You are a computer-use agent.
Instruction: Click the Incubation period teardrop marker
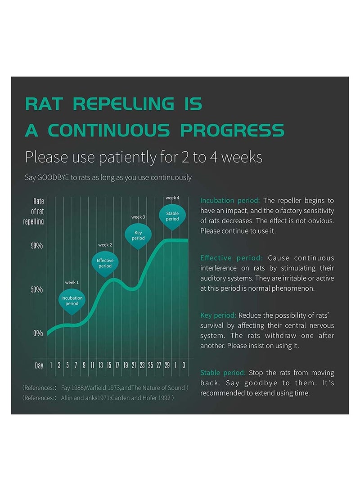(x=72, y=301)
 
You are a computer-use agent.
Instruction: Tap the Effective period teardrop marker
(x=105, y=264)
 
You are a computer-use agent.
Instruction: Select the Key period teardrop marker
(x=138, y=235)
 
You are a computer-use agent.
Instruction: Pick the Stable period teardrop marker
(x=172, y=216)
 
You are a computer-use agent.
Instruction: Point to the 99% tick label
(x=37, y=246)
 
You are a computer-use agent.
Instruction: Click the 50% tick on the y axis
(x=37, y=289)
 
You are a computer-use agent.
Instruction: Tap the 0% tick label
(x=38, y=333)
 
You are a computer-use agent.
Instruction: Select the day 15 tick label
(x=109, y=365)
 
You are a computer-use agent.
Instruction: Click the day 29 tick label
(x=167, y=365)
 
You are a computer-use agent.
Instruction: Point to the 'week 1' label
(x=72, y=282)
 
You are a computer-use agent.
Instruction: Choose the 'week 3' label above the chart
(x=138, y=217)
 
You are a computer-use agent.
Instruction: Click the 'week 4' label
(x=172, y=198)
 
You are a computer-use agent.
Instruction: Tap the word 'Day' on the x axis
(x=39, y=365)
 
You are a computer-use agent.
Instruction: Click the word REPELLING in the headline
(x=123, y=104)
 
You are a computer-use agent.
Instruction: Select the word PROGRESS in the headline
(x=232, y=131)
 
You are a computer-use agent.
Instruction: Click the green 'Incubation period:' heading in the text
(x=230, y=200)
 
